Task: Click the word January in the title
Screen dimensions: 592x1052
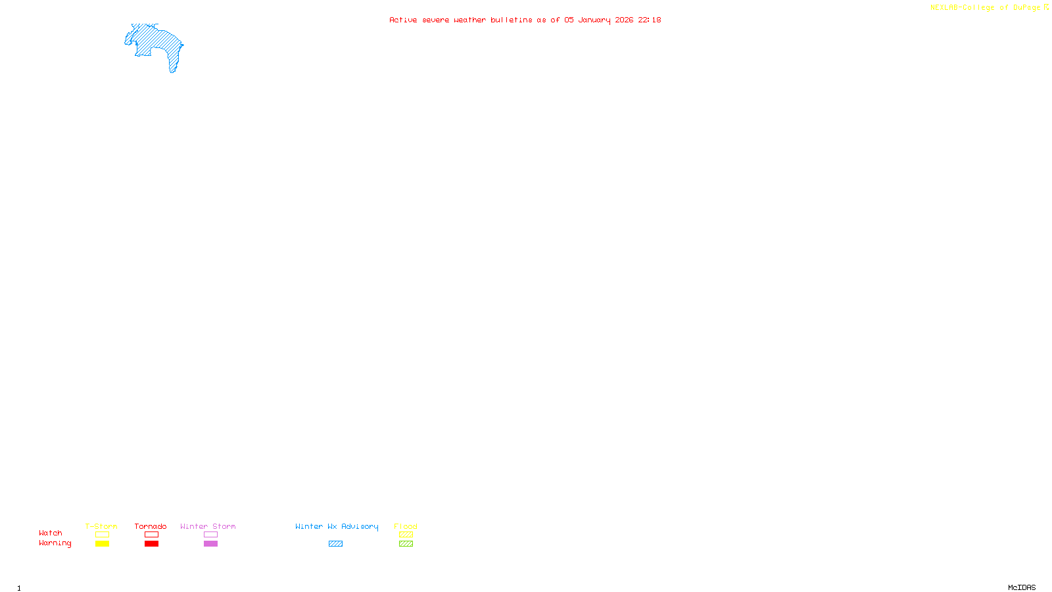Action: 594,20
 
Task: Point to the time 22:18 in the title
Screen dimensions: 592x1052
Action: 649,20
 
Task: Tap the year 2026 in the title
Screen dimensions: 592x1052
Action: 624,20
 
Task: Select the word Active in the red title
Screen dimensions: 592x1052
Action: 402,20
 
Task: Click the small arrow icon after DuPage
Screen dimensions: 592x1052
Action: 1046,7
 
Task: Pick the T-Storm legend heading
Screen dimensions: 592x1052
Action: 101,526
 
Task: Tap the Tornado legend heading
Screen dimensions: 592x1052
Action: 151,526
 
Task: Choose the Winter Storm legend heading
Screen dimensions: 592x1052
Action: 208,526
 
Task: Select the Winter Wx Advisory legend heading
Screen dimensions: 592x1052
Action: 337,526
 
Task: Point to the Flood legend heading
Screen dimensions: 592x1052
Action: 406,526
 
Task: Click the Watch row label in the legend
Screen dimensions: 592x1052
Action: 51,533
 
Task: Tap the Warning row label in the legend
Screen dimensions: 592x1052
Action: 55,543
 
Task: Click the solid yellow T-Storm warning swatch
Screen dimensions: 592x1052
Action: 102,544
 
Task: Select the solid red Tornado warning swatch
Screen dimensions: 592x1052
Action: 151,544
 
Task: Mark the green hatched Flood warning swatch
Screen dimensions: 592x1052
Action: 406,544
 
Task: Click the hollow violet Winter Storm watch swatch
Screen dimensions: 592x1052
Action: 210,535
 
